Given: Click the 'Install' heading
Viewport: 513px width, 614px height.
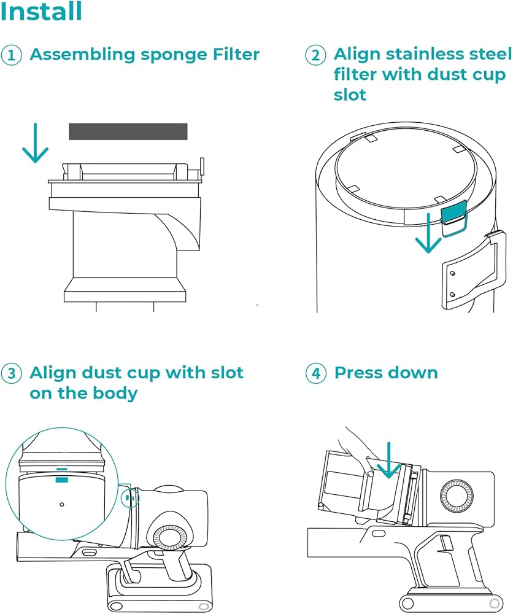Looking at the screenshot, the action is click(41, 11).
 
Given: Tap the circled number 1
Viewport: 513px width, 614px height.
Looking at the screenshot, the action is click(11, 55).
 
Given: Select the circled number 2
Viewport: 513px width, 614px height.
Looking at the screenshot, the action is click(315, 55).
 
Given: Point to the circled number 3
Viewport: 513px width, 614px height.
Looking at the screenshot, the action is click(11, 373).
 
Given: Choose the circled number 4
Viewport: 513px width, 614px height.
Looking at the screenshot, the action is click(315, 373).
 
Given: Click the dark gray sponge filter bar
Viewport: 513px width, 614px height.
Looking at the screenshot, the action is click(128, 131).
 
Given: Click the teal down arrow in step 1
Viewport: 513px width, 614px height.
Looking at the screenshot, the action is click(35, 143).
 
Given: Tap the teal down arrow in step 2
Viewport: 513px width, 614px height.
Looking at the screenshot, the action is click(428, 233).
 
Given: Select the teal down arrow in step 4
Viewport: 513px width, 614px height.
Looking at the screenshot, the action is click(388, 460).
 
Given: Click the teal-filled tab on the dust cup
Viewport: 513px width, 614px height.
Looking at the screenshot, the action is click(453, 212).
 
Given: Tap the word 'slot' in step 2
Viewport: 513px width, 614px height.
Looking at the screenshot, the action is click(350, 95).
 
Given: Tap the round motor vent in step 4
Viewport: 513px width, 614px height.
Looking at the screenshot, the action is click(457, 494).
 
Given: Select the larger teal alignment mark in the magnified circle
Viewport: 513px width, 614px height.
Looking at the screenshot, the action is click(62, 480).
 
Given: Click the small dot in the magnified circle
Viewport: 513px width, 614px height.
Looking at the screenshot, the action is click(61, 504).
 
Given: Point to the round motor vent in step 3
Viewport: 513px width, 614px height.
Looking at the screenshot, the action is click(170, 542).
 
